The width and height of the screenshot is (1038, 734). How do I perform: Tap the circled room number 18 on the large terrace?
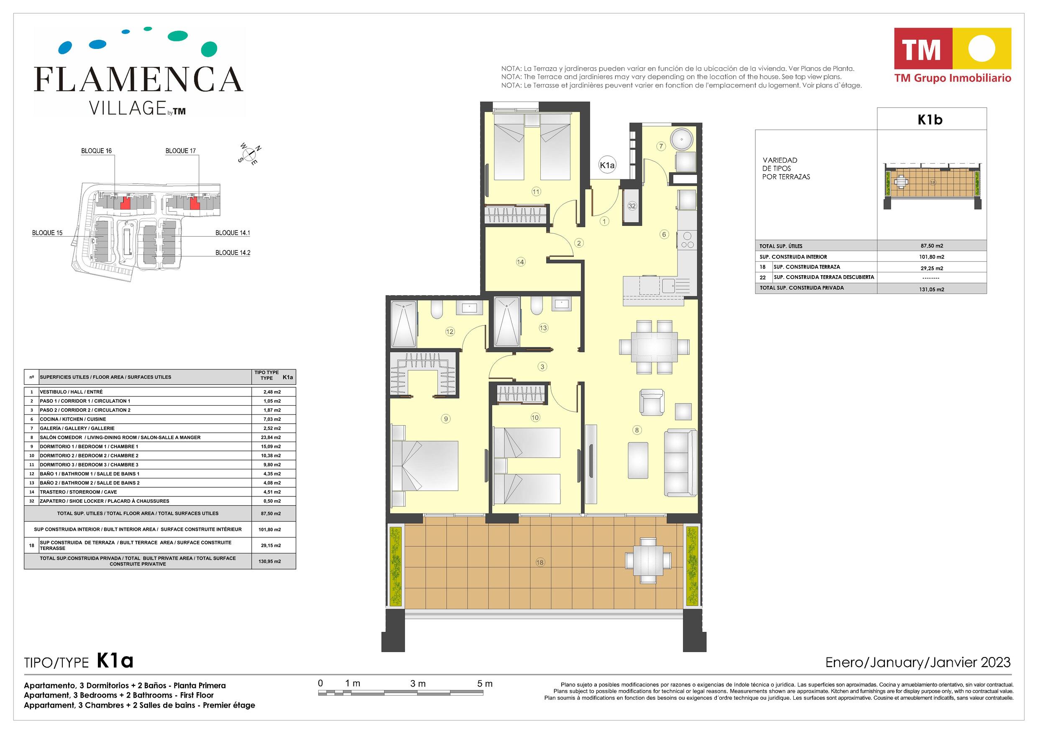click(x=540, y=563)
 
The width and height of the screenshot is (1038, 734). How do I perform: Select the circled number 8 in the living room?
click(x=637, y=430)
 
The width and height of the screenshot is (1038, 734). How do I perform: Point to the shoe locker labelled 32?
click(x=631, y=206)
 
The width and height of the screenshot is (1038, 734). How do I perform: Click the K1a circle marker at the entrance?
click(x=607, y=165)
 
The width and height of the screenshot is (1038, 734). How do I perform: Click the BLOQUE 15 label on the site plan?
click(x=47, y=233)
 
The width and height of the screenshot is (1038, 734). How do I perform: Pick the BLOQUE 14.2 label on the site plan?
click(x=233, y=253)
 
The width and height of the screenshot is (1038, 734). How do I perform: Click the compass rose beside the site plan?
click(x=250, y=155)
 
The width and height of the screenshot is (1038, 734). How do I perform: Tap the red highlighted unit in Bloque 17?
click(x=194, y=203)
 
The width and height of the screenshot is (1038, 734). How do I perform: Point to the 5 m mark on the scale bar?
click(x=485, y=684)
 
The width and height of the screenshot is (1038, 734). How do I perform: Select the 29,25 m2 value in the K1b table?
click(x=932, y=268)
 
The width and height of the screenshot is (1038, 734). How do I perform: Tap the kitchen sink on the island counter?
click(x=676, y=286)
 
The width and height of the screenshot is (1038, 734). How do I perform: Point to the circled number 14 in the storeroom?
click(x=520, y=261)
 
